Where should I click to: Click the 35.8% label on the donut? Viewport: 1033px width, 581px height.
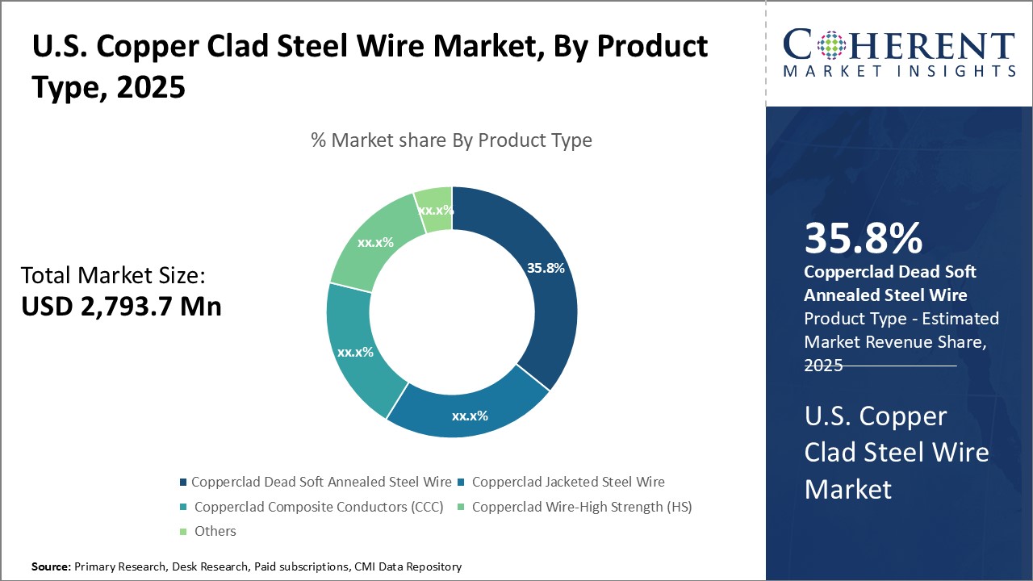click(546, 268)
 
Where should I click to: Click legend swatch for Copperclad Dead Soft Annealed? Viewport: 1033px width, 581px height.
click(184, 483)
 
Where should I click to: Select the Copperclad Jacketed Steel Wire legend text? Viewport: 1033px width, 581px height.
click(568, 482)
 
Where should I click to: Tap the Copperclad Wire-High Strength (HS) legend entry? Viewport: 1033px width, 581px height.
click(582, 507)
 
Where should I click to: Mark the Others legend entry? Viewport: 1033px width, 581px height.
click(215, 531)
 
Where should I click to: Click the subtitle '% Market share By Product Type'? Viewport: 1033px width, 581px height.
click(451, 140)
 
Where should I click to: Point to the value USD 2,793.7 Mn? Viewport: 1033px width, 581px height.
click(121, 307)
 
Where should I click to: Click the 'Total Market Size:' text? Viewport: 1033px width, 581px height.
click(113, 276)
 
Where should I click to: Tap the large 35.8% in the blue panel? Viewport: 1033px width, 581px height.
click(864, 238)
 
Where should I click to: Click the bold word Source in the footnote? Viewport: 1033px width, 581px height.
click(51, 567)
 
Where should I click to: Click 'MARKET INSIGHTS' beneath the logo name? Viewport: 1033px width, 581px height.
click(899, 71)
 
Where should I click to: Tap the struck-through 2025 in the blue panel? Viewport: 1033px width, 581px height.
click(824, 366)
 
